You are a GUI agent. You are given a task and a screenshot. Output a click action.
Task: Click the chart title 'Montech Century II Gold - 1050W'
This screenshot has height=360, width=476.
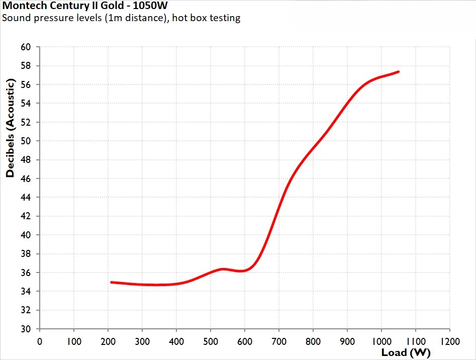coord(85,7)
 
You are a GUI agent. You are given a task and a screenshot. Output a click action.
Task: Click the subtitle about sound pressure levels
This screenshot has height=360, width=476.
coord(121,19)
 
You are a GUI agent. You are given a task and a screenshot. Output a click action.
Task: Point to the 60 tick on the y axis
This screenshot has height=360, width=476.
coord(25,47)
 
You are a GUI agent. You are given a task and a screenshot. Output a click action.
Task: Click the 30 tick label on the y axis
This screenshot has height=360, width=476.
coord(25,329)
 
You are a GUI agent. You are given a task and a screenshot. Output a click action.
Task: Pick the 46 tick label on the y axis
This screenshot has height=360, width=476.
coord(25,179)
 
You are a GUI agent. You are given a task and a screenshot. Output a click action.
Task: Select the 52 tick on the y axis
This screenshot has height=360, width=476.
coord(25,122)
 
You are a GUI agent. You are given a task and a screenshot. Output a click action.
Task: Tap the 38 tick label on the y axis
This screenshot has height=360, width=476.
coord(25,254)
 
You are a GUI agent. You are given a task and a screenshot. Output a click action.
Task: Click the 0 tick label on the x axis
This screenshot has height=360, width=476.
coord(40,341)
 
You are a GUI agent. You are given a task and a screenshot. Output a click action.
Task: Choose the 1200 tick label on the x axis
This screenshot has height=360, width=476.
coord(449,341)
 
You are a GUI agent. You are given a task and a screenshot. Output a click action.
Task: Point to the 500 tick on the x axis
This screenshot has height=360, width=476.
coord(211,341)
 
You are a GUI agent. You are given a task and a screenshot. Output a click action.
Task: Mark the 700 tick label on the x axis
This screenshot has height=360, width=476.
coord(279,341)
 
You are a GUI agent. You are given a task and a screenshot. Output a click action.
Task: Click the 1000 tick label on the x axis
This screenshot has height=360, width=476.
coord(381,341)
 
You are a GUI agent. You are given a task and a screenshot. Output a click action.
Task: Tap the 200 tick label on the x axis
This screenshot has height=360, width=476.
coord(108,341)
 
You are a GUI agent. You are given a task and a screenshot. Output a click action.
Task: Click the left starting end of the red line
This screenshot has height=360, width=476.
coord(112,282)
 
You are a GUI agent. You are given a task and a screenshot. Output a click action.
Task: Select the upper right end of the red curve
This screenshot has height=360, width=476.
coord(398,72)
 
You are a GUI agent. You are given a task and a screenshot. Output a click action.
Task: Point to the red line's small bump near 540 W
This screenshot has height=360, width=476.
coord(223,269)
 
